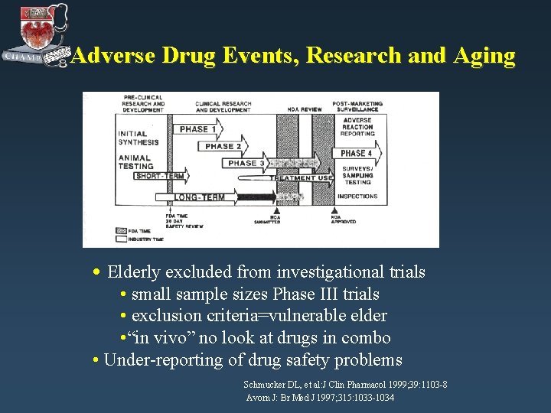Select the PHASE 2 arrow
(223, 146)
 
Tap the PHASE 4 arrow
(357, 153)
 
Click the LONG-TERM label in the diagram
(199, 197)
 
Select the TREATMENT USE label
(302, 178)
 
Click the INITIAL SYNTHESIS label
(139, 138)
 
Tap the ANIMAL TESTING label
(136, 162)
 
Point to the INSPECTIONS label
(357, 197)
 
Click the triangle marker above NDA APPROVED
(334, 210)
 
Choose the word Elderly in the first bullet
(134, 272)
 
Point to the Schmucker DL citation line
(345, 384)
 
